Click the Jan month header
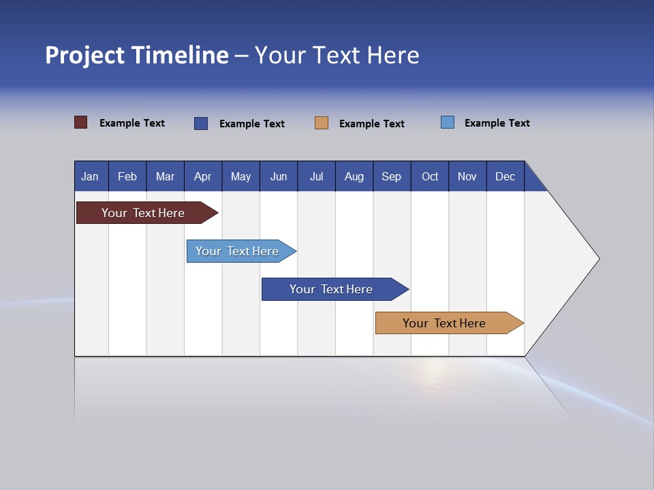point(91,176)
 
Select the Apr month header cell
point(203,176)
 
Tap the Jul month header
point(316,176)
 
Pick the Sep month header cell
point(392,176)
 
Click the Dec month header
point(505,176)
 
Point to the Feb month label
point(127,176)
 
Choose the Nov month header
point(467,176)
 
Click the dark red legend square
point(81,122)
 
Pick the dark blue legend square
point(201,123)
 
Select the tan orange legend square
point(322,123)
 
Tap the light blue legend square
point(448,122)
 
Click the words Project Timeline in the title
point(137,55)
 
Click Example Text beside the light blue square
point(497,123)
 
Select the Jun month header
point(279,176)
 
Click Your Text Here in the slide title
point(337,55)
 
